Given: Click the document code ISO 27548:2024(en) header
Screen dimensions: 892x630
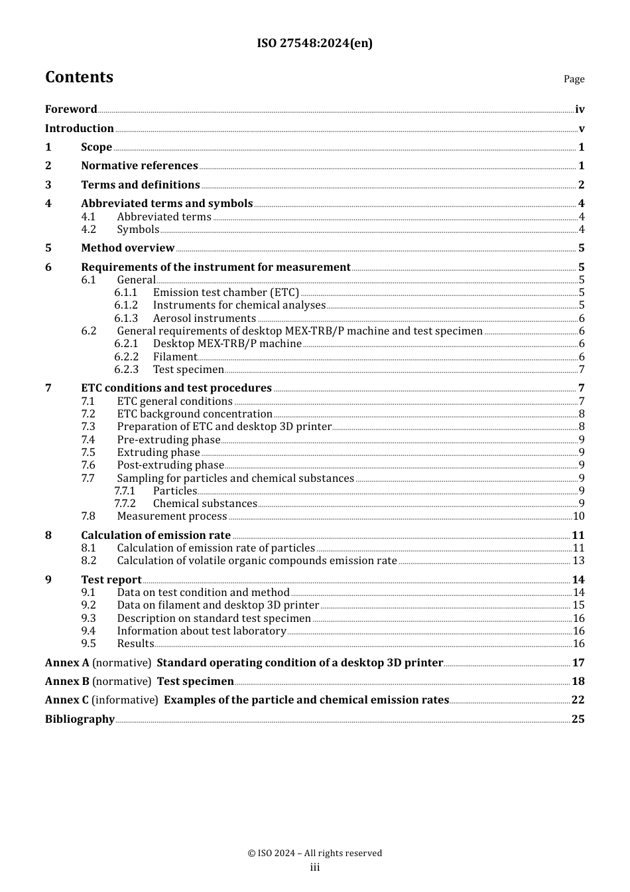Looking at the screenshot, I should point(314,44).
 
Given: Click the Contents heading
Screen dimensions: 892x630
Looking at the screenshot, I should point(79,78).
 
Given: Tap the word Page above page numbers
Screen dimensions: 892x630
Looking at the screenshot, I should point(574,79).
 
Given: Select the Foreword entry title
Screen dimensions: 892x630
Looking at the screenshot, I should point(71,110).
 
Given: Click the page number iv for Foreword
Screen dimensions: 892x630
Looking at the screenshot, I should point(580,110).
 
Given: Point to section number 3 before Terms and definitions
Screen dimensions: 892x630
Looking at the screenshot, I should point(48,185).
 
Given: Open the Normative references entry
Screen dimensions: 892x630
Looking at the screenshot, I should point(139,166).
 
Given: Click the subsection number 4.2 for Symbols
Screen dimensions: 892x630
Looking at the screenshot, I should point(89,230).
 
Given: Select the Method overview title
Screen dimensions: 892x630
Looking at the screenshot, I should point(127,248).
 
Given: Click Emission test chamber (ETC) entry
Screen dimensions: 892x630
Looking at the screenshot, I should point(225,293).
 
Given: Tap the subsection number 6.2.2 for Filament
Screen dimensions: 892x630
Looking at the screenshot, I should point(126,357).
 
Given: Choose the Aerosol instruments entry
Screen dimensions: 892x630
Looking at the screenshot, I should point(204,319).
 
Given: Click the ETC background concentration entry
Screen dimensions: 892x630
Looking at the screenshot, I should point(194,414).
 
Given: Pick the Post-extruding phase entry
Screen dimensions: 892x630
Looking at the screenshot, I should point(170,465).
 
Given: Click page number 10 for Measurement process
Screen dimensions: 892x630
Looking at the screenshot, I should point(578,516).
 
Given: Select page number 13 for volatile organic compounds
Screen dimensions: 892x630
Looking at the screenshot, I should point(578,561).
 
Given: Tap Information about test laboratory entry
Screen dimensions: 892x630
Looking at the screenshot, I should point(202,631).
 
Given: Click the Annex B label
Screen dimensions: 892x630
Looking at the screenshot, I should point(67,682).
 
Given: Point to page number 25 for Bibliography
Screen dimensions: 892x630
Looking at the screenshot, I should point(578,719).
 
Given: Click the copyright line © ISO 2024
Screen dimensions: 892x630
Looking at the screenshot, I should point(314,854).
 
